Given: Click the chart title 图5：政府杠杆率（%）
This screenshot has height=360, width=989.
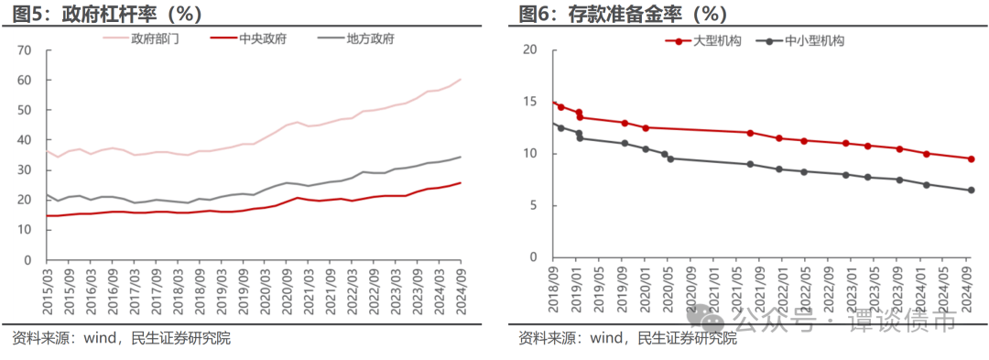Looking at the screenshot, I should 108,14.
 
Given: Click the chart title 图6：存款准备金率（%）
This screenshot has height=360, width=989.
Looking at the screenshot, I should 623,14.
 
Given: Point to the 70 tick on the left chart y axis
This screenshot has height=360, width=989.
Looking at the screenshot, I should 25,49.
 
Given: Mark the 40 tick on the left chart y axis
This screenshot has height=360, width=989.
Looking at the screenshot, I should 25,140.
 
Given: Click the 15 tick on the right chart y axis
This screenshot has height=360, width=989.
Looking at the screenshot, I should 528,102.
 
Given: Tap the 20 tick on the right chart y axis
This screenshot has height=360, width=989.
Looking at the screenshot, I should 528,49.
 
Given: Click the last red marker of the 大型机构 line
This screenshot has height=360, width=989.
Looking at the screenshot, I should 971,158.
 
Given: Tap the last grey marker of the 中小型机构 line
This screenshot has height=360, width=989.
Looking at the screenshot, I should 971,190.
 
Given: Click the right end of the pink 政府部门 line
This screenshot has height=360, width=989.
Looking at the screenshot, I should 460,80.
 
